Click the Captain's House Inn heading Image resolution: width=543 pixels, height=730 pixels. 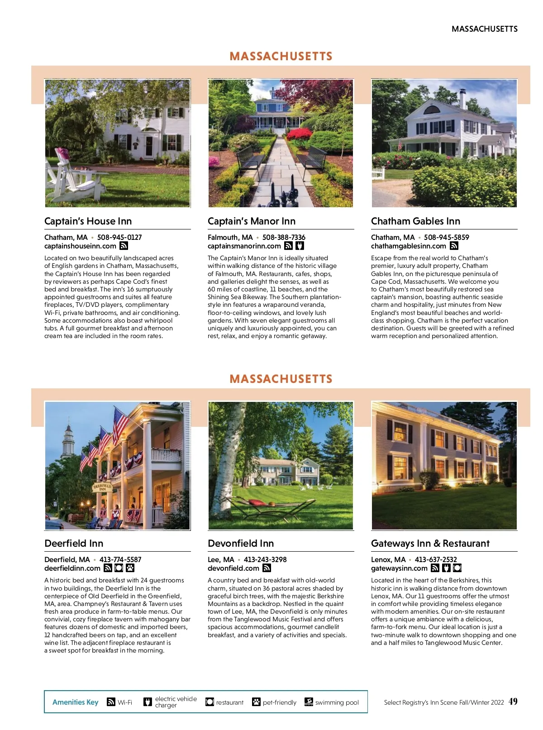point(88,221)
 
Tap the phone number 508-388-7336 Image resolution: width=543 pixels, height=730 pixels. point(284,237)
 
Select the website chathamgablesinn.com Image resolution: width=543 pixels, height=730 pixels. point(408,246)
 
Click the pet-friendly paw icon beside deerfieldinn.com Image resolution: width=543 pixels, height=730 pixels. point(130,568)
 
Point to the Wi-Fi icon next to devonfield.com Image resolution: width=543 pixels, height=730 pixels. point(267,568)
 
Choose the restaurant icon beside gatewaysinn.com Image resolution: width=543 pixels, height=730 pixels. point(457,568)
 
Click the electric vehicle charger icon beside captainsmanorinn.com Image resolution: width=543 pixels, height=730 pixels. point(300,246)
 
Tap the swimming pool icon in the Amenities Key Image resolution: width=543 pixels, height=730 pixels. point(309,702)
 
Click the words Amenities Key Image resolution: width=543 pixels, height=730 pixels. point(75,702)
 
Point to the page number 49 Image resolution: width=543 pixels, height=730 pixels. point(513,701)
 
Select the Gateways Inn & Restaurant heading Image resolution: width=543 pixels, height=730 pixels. point(430,544)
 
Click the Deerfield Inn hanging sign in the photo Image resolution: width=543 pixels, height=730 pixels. point(103,487)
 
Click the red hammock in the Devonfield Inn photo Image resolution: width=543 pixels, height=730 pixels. point(259,502)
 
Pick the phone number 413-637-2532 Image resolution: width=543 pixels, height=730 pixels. point(436,559)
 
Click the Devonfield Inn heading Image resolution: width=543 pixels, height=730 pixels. point(241,544)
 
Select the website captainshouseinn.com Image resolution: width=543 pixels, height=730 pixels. point(80,246)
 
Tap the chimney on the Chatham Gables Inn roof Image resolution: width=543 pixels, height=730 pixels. point(462,98)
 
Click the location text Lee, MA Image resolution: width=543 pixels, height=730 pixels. point(221,559)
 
